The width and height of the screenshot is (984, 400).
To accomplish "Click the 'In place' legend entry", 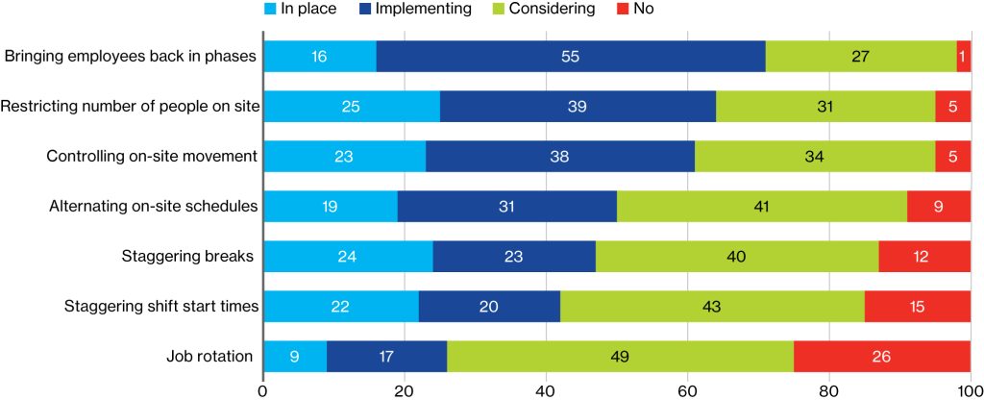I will [x=301, y=10].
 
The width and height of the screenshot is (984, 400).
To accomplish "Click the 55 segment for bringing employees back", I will [x=571, y=56].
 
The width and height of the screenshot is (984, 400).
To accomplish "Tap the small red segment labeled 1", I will [x=964, y=56].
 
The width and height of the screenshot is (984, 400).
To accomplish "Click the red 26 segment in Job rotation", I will [x=882, y=357].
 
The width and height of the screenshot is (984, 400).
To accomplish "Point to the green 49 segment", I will [x=620, y=357].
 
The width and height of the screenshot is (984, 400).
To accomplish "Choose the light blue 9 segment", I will [x=295, y=357].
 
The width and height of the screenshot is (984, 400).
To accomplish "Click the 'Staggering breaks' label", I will [x=187, y=256].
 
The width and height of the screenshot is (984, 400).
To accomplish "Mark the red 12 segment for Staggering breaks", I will [x=924, y=256].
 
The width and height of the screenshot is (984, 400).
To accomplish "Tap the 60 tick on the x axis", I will [x=688, y=389].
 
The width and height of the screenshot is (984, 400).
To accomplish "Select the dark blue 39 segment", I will [x=578, y=106].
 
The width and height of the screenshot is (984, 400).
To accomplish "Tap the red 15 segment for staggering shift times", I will [x=918, y=307].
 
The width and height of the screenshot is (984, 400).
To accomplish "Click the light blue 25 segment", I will [x=352, y=106].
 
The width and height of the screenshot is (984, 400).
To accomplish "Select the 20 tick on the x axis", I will [x=405, y=389].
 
